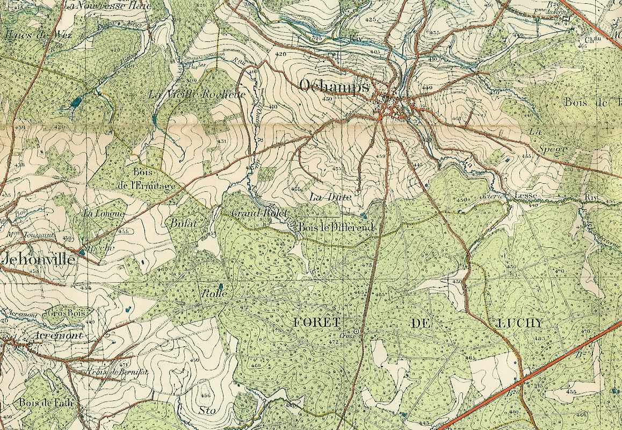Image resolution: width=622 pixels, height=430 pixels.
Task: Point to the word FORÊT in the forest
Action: [x=317, y=322]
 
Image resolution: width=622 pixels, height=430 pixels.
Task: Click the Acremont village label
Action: [x=51, y=335]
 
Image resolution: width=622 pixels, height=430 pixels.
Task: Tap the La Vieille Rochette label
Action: [x=198, y=94]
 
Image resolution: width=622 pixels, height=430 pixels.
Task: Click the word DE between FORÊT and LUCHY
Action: [x=422, y=322]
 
